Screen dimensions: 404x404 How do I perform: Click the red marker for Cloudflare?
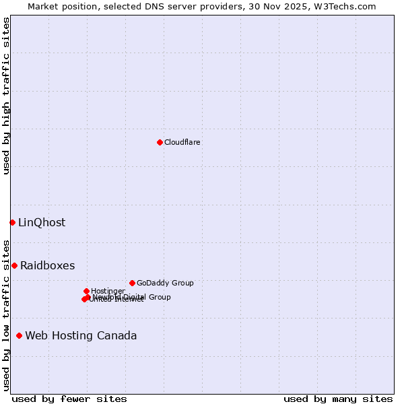pyautogui.click(x=160, y=142)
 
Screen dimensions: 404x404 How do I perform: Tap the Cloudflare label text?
pyautogui.click(x=182, y=142)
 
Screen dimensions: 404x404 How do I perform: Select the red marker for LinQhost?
pyautogui.click(x=12, y=222)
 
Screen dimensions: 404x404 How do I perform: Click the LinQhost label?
pyautogui.click(x=42, y=223)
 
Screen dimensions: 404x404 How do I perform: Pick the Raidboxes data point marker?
pyautogui.click(x=14, y=265)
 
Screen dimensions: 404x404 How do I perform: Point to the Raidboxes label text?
pyautogui.click(x=47, y=265)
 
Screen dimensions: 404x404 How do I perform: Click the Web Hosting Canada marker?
pyautogui.click(x=19, y=335)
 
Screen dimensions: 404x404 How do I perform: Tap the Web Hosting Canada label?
pyautogui.click(x=81, y=335)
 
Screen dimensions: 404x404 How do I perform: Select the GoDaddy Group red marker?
pyautogui.click(x=132, y=283)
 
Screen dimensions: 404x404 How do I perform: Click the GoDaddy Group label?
pyautogui.click(x=165, y=283)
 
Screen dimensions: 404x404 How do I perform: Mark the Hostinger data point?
pyautogui.click(x=86, y=291)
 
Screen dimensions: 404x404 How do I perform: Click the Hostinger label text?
pyautogui.click(x=108, y=291)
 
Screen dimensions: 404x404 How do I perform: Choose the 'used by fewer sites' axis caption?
pyautogui.click(x=69, y=399)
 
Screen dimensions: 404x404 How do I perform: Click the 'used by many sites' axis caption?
pyautogui.click(x=338, y=399)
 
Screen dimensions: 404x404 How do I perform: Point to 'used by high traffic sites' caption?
pyautogui.click(x=7, y=96)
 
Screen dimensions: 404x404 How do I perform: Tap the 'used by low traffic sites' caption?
pyautogui.click(x=7, y=315)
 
